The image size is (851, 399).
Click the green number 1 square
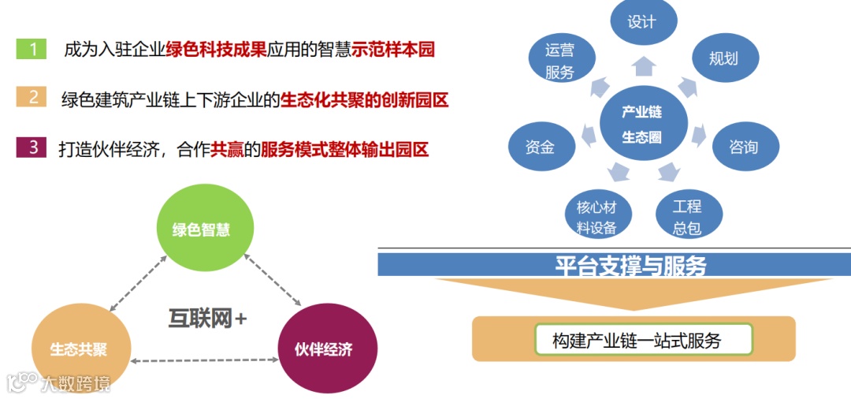click(x=32, y=49)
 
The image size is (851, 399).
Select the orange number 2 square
click(x=32, y=98)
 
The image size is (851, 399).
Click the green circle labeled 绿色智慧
click(x=205, y=229)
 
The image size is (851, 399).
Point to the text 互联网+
click(x=207, y=318)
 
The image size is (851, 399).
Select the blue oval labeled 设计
click(x=641, y=22)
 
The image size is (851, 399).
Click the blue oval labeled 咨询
click(x=744, y=147)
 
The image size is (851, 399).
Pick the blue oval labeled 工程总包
click(x=688, y=217)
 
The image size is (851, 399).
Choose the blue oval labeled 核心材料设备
click(x=596, y=217)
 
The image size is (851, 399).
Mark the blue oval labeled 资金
click(x=540, y=147)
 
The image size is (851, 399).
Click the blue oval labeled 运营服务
click(x=560, y=62)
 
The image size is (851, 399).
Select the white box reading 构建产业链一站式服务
click(x=643, y=341)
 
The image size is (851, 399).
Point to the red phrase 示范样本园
click(x=392, y=50)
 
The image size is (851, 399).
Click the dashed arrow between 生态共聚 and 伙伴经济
click(x=204, y=361)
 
